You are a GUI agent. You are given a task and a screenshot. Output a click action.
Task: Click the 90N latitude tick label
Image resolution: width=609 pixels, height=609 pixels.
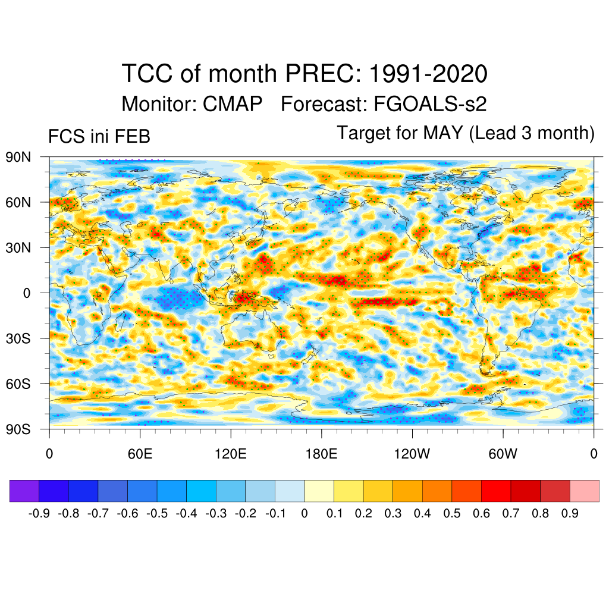pos(18,158)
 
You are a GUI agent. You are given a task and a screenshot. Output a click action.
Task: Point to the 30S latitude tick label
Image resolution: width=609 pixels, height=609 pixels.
pos(18,338)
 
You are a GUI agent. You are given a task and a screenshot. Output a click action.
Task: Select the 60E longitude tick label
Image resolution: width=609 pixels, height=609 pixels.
pos(140,454)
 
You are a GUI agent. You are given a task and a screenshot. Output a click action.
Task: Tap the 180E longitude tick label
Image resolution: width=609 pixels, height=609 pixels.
pos(321,454)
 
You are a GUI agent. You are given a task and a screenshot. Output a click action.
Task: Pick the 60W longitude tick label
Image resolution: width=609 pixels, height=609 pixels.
pos(503,454)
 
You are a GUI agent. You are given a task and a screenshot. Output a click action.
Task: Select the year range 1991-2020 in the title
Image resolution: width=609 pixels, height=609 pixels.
pos(428,74)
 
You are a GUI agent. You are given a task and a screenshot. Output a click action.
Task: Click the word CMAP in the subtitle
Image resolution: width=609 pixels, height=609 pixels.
pos(233,104)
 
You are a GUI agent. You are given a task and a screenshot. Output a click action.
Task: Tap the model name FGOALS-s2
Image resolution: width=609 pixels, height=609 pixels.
pos(430,104)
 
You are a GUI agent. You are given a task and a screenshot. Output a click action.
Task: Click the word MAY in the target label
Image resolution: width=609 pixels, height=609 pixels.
pos(443,133)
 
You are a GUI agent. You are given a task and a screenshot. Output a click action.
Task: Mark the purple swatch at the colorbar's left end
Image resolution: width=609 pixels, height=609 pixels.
pos(24,491)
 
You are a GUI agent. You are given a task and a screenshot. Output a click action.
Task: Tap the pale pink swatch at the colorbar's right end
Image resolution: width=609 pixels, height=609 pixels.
pos(584,491)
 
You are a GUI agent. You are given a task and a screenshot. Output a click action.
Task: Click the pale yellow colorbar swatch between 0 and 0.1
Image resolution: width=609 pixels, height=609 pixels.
pos(319,491)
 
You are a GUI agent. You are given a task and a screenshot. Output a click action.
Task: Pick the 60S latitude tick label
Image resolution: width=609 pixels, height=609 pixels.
pos(18,384)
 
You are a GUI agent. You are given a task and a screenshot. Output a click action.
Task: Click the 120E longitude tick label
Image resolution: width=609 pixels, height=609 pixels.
pos(231,454)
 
